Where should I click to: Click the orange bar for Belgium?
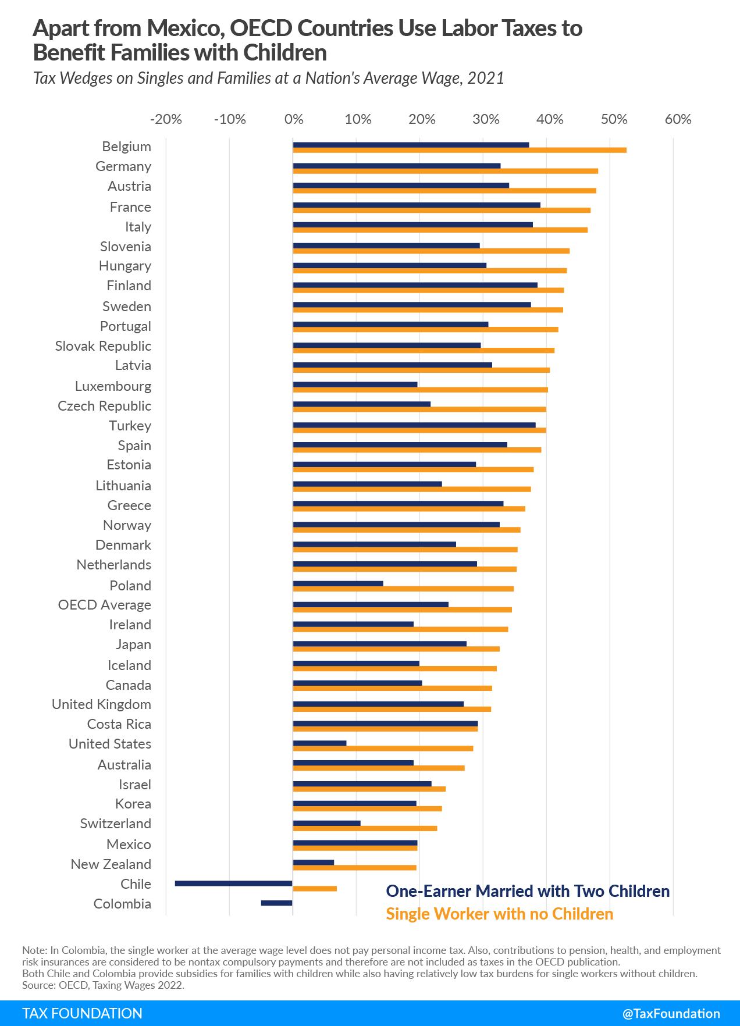(x=460, y=150)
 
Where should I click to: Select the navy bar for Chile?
(x=233, y=883)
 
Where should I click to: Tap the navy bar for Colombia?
(x=276, y=903)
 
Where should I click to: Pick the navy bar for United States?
(x=319, y=743)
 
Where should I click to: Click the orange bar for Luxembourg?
(x=420, y=390)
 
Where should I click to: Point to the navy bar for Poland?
(x=338, y=583)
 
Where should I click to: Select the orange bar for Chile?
(x=315, y=889)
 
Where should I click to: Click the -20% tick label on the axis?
(x=166, y=119)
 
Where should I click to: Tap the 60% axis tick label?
(x=678, y=119)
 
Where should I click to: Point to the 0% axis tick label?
(x=294, y=119)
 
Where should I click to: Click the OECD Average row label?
(x=105, y=605)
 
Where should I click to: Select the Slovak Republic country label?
(x=103, y=346)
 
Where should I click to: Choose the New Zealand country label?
(x=111, y=864)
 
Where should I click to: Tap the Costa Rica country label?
(x=119, y=724)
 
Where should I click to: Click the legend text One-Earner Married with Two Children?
(x=528, y=891)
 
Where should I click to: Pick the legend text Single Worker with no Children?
(x=499, y=914)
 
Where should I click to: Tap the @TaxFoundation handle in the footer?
(x=671, y=1013)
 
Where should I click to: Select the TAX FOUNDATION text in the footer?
(x=82, y=1013)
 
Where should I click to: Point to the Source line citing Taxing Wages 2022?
(x=103, y=985)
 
